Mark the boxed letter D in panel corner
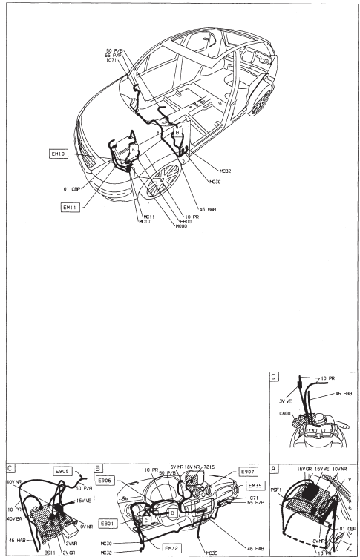pos(275,378)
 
